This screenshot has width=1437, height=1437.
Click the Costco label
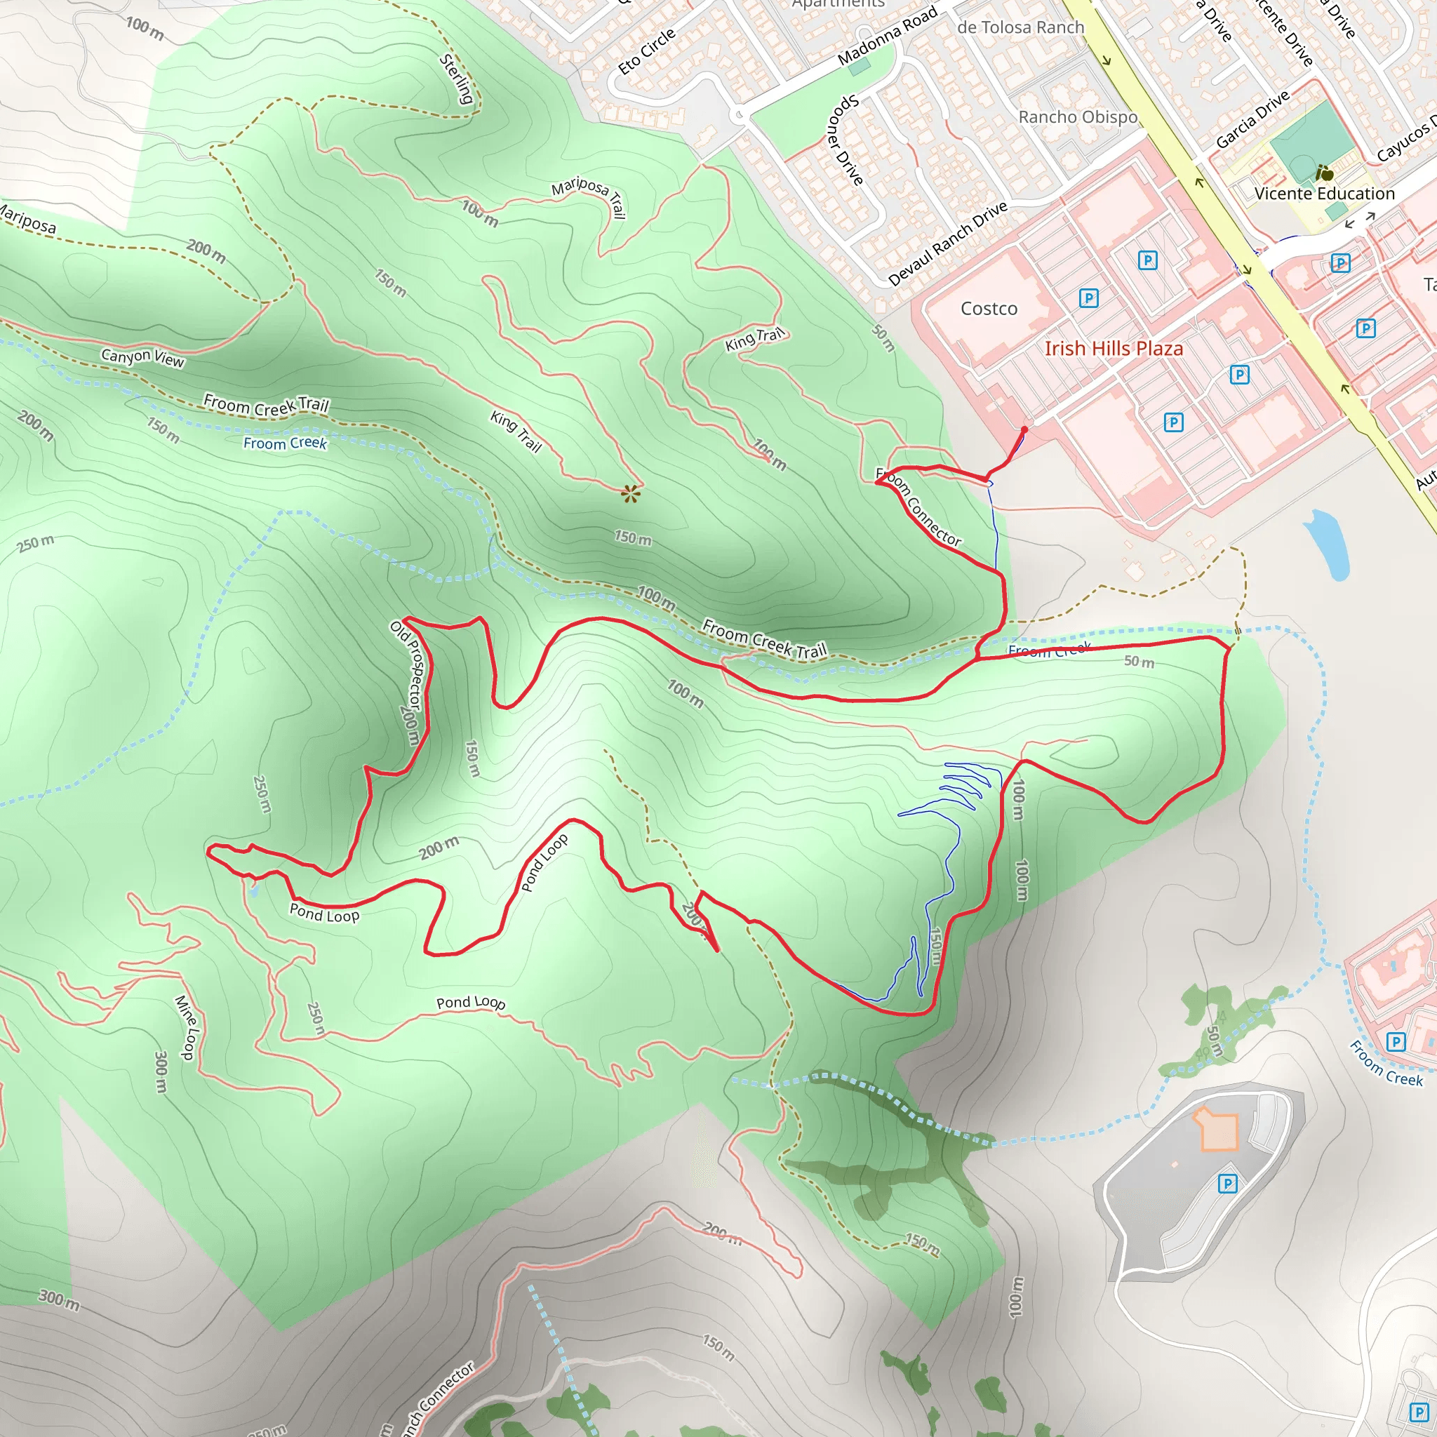tap(989, 309)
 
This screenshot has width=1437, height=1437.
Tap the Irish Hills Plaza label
tap(1114, 349)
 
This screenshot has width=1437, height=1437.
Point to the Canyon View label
tap(143, 358)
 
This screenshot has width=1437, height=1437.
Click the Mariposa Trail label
tap(588, 196)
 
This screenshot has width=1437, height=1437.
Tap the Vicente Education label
tap(1324, 194)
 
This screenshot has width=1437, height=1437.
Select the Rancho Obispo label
tap(1078, 117)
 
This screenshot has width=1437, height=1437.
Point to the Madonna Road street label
tap(887, 36)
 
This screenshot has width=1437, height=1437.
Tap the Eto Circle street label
tap(646, 51)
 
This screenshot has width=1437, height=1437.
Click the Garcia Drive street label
tap(1252, 120)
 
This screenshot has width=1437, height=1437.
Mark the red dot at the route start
tap(1024, 430)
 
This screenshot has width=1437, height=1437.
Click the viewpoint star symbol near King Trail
tap(631, 493)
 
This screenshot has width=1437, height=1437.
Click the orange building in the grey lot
tap(1215, 1129)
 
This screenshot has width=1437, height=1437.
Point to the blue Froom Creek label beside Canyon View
tap(285, 443)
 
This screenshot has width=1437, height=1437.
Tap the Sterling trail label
tap(457, 79)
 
